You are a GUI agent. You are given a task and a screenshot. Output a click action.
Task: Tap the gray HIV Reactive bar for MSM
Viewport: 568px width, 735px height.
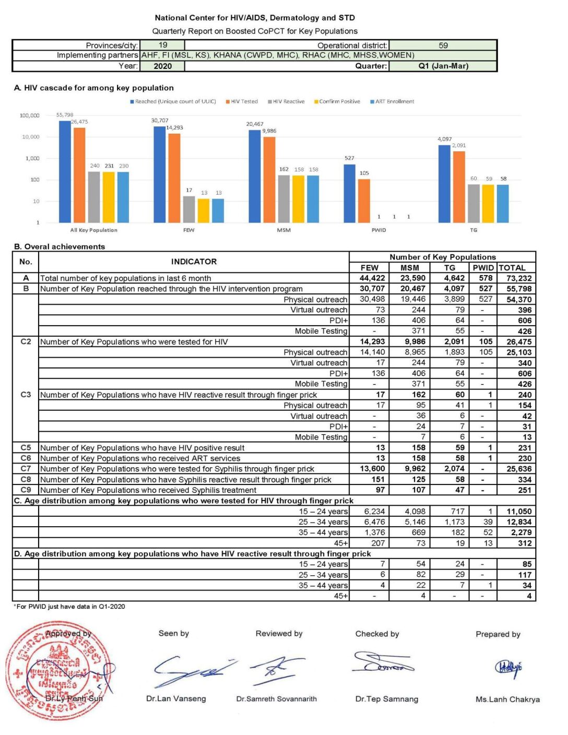click(283, 199)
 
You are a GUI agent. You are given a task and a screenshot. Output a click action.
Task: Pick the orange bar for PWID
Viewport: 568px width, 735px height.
click(364, 201)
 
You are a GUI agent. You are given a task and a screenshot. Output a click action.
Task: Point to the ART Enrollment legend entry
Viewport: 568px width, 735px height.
click(394, 102)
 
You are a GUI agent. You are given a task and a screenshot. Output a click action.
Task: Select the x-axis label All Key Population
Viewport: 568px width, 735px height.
click(94, 230)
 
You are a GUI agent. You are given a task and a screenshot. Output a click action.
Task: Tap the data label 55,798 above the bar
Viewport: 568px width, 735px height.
click(65, 115)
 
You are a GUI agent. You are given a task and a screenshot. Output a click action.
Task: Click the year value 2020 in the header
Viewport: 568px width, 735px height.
click(162, 66)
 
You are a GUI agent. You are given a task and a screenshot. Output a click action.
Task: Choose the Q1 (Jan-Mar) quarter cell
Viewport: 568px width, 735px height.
click(443, 66)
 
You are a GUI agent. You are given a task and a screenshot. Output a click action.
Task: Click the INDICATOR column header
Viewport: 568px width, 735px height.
click(194, 262)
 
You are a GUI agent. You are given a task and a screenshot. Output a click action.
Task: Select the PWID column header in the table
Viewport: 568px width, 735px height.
click(483, 268)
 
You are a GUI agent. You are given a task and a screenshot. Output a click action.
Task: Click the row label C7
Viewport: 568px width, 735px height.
click(26, 469)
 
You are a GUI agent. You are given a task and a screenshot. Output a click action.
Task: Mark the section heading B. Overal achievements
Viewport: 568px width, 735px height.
click(60, 247)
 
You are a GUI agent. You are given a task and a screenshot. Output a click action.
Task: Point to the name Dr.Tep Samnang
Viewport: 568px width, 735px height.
click(386, 699)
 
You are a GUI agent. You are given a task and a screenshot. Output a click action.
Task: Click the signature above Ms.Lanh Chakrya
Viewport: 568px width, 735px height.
click(508, 668)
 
